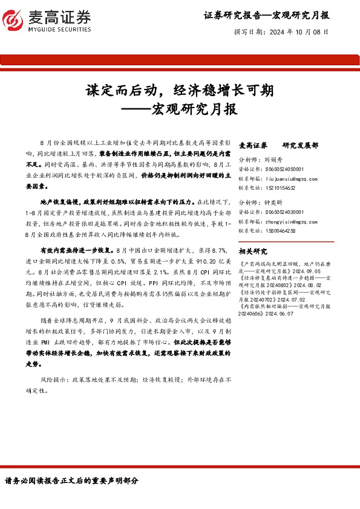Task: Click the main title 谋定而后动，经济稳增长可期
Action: click(x=179, y=91)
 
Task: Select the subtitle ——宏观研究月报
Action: click(x=179, y=110)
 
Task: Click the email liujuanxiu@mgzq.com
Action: click(x=290, y=179)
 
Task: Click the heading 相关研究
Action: click(x=253, y=251)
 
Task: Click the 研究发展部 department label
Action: click(x=300, y=146)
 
